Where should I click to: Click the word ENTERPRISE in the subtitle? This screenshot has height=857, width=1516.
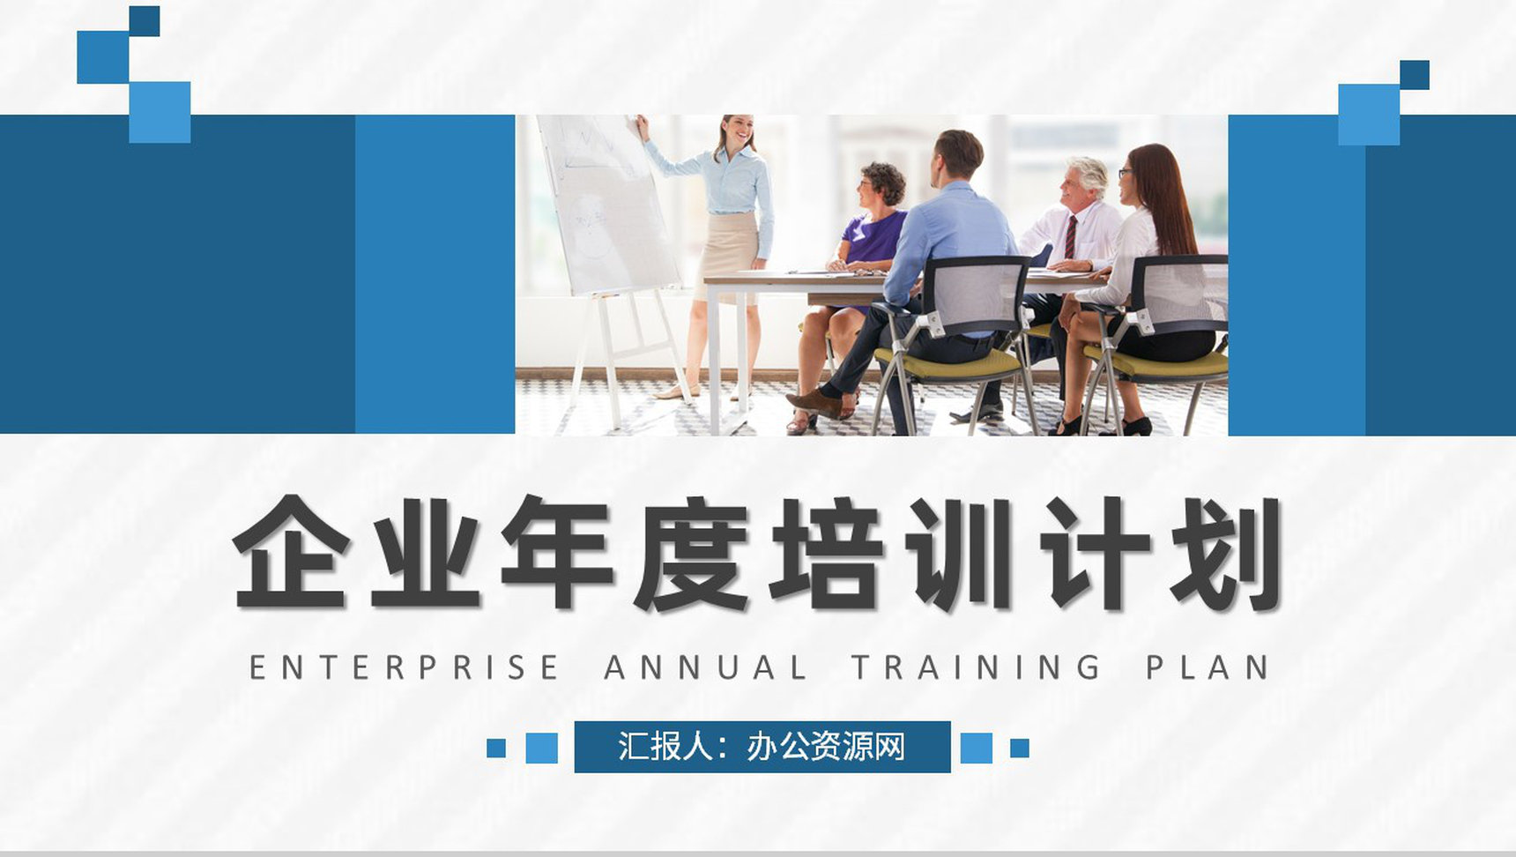404,667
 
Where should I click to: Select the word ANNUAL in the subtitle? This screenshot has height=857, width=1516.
705,667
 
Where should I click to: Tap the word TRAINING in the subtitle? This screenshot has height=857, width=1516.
977,667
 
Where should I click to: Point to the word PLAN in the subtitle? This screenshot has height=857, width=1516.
1208,667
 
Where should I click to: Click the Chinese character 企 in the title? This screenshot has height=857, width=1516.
289,554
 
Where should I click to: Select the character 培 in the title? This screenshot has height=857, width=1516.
825,554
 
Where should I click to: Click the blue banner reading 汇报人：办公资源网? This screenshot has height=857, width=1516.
762,747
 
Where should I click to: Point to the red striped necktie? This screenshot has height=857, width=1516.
1070,236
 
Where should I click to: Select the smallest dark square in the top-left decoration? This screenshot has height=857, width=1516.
145,21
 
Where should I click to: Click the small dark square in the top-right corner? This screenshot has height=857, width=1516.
1414,75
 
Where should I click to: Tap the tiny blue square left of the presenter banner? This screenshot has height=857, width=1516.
496,748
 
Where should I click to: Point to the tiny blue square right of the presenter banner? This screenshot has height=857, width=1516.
1020,748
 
